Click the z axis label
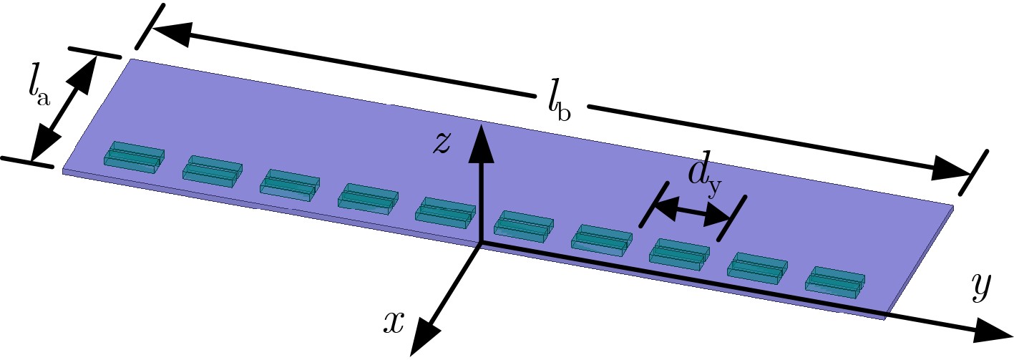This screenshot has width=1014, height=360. [x=442, y=144]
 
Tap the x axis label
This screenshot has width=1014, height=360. [x=394, y=323]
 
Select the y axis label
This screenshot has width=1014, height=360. [x=981, y=288]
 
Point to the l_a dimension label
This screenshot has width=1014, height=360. [x=39, y=93]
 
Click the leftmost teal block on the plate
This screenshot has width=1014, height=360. [x=134, y=157]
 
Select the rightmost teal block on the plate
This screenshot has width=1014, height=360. [x=834, y=282]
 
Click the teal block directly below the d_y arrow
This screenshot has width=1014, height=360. [x=679, y=254]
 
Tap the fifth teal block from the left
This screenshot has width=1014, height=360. [x=445, y=213]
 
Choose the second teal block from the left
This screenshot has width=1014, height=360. [x=213, y=171]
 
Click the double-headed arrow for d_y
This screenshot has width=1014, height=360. [x=693, y=213]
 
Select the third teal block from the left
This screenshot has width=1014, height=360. [x=290, y=185]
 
